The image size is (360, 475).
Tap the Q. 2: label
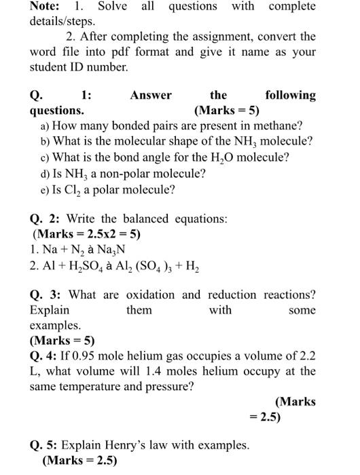pos(46,219)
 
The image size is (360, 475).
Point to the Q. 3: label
pos(46,295)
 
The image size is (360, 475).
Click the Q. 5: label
pos(46,446)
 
